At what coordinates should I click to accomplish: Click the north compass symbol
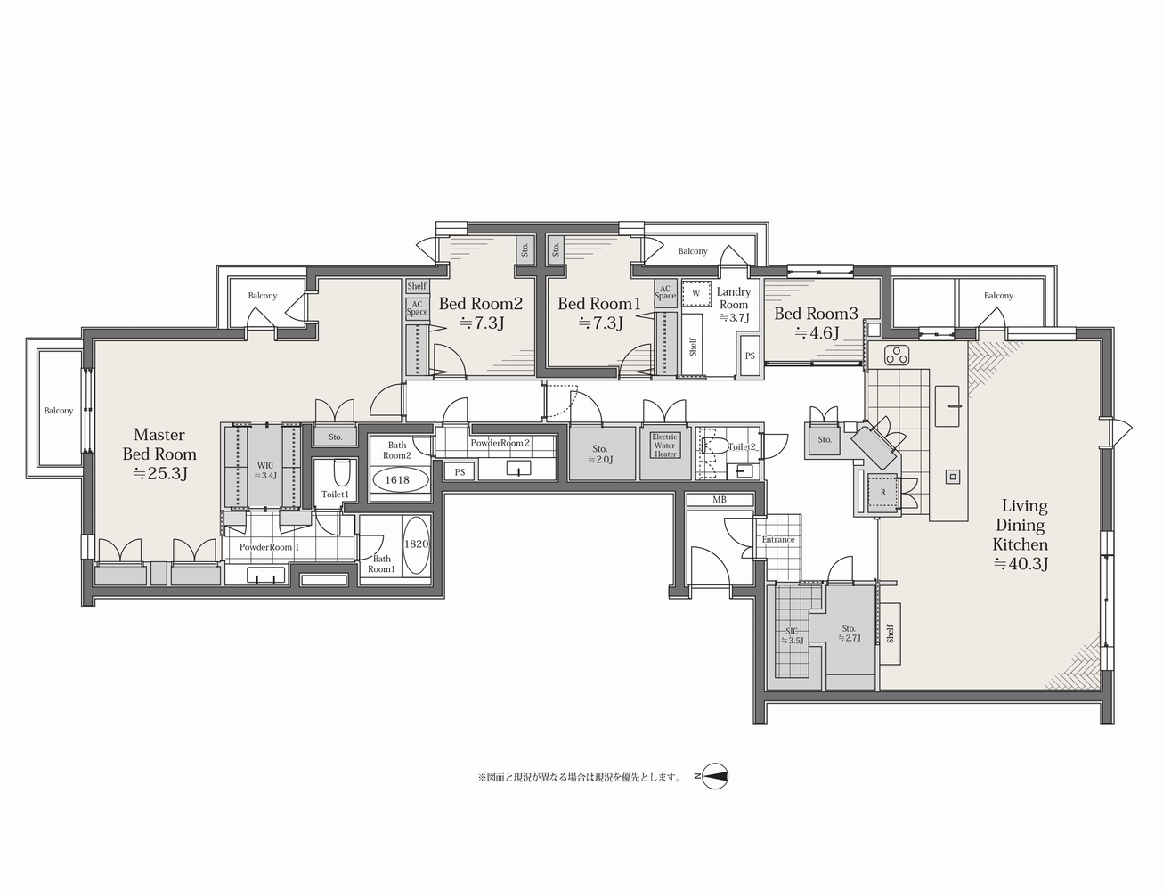714,776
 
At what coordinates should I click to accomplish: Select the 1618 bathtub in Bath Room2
398,479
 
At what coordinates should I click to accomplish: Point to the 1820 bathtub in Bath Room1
417,544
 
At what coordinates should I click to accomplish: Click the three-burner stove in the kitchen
897,354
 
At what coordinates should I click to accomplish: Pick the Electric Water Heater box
665,453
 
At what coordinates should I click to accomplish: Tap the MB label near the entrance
720,500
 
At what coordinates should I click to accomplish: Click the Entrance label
778,540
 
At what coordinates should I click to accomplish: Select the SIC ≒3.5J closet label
792,635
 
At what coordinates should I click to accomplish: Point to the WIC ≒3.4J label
265,470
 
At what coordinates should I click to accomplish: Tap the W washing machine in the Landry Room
696,293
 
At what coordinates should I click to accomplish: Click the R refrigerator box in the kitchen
882,492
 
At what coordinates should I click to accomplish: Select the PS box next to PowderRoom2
460,472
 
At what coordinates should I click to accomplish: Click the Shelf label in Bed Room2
417,286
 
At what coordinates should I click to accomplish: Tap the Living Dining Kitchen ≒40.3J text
1021,535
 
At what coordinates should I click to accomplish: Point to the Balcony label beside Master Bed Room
59,411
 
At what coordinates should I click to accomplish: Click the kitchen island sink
947,406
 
